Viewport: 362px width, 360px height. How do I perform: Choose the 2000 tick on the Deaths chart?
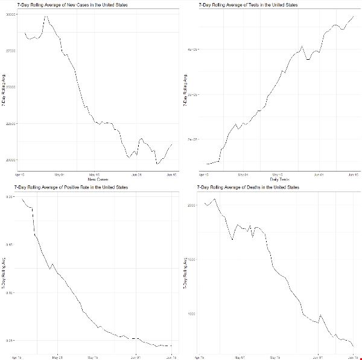click(x=192, y=205)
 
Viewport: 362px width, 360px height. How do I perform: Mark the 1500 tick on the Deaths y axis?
click(x=192, y=260)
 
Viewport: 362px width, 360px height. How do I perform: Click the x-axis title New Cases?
click(x=98, y=179)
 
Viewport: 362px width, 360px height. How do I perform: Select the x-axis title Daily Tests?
click(x=279, y=179)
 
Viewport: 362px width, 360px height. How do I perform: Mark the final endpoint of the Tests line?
click(x=352, y=16)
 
